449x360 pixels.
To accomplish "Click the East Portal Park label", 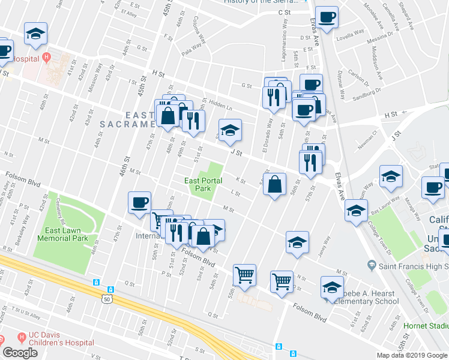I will pos(203,184).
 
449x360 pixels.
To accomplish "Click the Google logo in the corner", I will pos(19,353).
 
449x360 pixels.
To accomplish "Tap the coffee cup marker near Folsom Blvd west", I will pos(139,203).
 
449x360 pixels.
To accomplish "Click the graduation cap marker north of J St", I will pos(229,131).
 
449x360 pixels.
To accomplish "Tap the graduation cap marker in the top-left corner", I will pos(35,34).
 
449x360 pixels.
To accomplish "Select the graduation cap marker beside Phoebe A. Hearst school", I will pos(332,287).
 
